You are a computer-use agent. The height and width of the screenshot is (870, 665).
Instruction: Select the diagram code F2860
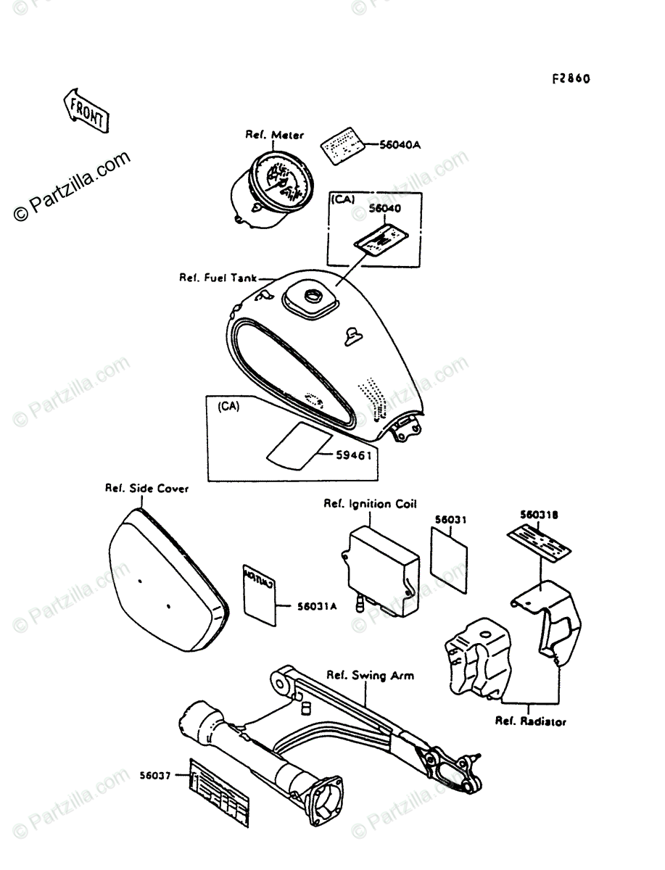[x=570, y=78]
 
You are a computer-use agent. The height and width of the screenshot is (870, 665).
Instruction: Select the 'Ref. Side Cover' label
[x=147, y=489]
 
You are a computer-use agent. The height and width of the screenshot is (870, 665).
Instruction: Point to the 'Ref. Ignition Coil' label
[x=370, y=504]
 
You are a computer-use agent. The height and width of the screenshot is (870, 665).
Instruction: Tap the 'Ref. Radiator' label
[x=531, y=721]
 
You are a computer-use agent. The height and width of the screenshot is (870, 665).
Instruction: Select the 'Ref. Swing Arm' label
[x=370, y=676]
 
